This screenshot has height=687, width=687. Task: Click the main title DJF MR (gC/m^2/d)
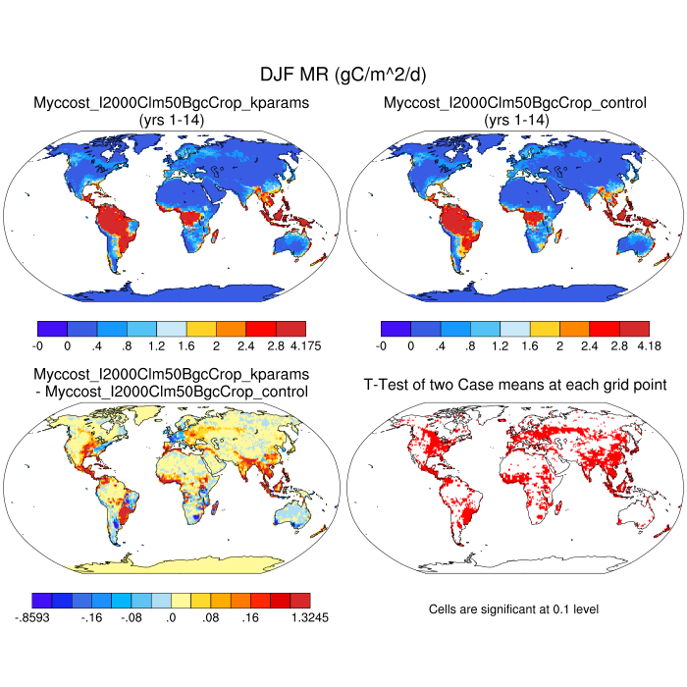coord(343,75)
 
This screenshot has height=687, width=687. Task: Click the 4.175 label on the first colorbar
coord(306,345)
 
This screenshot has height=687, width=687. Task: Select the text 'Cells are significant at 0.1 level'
coord(513,609)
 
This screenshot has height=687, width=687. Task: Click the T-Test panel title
coord(514,384)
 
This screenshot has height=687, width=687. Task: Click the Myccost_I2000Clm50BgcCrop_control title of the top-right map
coord(514,103)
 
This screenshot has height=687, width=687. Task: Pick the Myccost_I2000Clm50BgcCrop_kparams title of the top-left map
coord(172,103)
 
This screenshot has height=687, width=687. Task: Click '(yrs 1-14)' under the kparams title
coord(172,119)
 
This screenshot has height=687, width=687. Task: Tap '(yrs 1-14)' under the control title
coord(514,119)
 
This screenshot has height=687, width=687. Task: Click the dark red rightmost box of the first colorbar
coord(291,329)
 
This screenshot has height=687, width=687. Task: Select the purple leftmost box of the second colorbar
coord(396,329)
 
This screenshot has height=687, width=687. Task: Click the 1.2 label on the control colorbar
coord(529,345)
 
